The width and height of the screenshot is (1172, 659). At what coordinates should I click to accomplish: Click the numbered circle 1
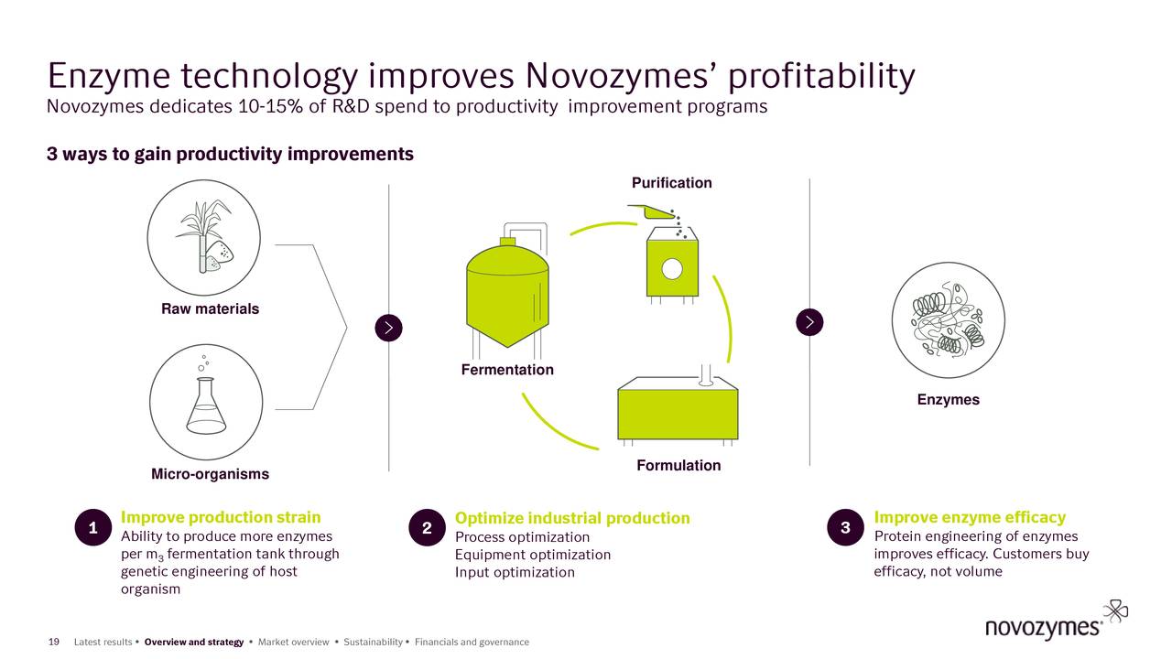point(93,527)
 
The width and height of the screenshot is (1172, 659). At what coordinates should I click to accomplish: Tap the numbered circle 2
point(427,528)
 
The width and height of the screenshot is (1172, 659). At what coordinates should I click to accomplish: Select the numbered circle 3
point(844,527)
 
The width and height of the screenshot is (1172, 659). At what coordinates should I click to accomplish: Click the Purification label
point(671,183)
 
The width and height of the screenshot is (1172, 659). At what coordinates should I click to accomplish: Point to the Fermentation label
point(506,370)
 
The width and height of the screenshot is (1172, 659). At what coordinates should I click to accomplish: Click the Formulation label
point(678,466)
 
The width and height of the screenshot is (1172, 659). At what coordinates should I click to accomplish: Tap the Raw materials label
point(210,309)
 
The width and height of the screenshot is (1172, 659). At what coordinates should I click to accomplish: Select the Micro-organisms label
point(210,474)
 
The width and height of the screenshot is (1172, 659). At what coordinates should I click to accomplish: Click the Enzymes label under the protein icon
point(948,400)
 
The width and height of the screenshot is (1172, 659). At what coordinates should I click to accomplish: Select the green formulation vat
point(678,414)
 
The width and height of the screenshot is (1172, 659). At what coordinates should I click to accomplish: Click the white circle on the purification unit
point(672,268)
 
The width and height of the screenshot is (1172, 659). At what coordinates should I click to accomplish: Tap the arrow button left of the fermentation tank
point(389,327)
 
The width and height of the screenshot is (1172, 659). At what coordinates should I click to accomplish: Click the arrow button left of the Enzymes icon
point(810,321)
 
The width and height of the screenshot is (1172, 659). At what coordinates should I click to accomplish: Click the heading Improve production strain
point(221,517)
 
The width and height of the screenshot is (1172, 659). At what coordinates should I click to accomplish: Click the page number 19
point(53,642)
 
